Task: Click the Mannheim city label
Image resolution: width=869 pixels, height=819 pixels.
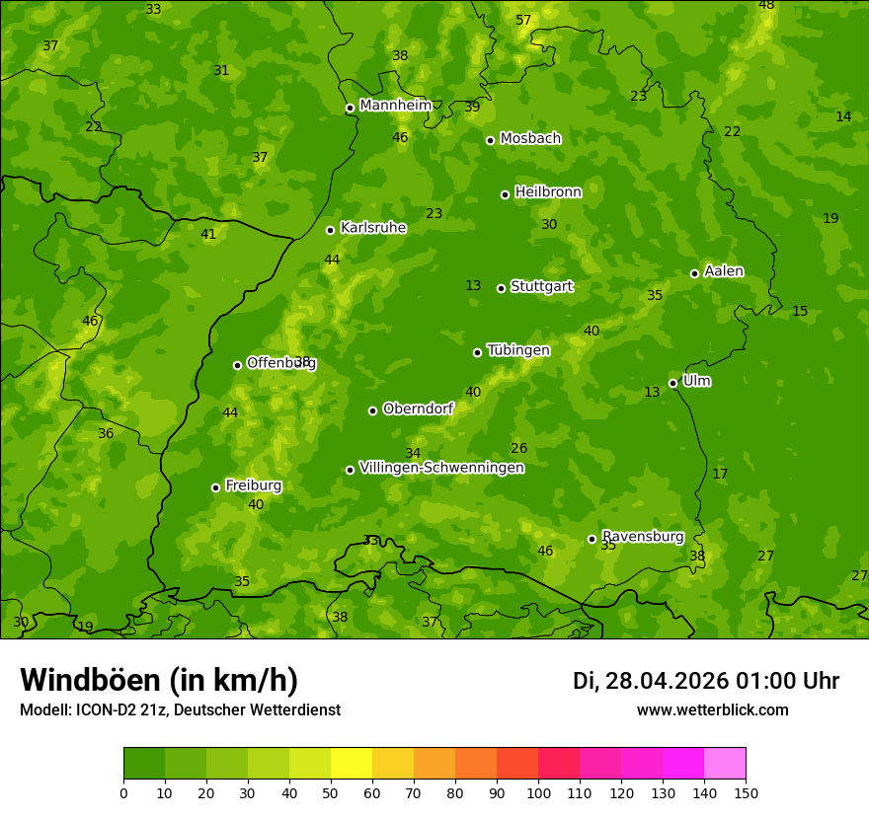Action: click(395, 106)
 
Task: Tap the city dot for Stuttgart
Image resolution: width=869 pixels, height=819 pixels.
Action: click(501, 288)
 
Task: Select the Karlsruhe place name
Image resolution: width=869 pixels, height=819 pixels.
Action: click(372, 228)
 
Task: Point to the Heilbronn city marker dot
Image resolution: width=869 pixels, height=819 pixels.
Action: click(505, 194)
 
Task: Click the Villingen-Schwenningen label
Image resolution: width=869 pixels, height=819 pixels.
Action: click(441, 468)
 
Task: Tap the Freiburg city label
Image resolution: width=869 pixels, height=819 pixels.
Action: click(253, 485)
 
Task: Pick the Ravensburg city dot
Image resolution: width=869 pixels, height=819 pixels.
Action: click(592, 539)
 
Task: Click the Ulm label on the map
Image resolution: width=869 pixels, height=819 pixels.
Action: click(696, 381)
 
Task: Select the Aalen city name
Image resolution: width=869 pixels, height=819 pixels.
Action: click(724, 271)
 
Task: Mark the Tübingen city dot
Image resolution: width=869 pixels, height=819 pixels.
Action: click(477, 352)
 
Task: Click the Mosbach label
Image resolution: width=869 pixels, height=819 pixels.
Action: click(530, 139)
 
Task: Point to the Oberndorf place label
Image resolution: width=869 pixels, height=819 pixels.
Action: click(418, 409)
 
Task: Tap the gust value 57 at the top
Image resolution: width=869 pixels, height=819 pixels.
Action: click(523, 21)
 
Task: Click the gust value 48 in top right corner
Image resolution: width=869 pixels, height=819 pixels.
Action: click(766, 6)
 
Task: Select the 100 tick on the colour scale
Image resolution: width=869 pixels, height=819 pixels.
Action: click(538, 792)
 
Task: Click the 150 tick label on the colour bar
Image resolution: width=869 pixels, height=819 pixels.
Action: click(746, 792)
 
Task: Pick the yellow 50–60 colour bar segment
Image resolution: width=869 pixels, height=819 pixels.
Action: click(352, 764)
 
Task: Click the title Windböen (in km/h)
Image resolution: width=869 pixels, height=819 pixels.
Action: click(159, 680)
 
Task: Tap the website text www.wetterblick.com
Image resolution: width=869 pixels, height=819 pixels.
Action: click(712, 709)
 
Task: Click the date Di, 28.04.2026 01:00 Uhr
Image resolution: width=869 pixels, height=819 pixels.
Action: click(706, 681)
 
